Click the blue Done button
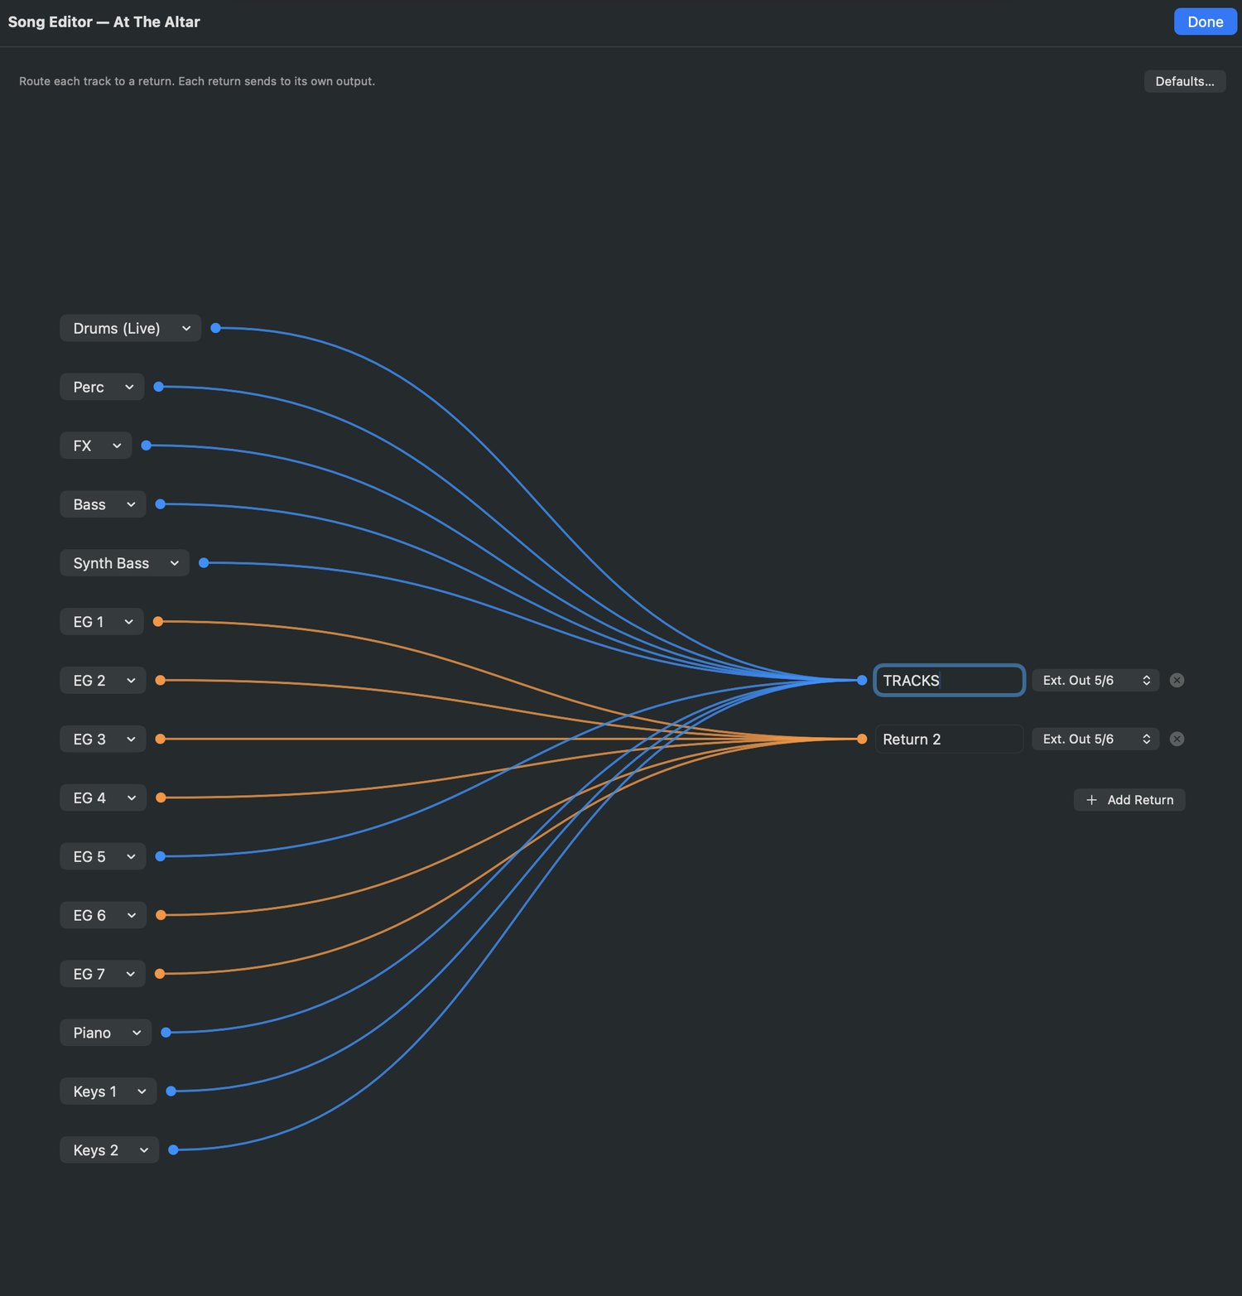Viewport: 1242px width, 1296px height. click(1205, 22)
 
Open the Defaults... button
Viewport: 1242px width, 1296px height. click(1185, 81)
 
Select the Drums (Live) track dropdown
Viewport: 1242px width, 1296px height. click(131, 328)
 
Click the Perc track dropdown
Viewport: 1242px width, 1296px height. click(103, 387)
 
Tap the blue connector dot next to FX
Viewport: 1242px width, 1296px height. click(147, 446)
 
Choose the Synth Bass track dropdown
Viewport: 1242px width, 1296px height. click(125, 563)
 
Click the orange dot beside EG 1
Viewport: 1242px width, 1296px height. click(158, 621)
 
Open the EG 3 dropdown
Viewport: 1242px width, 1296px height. click(103, 739)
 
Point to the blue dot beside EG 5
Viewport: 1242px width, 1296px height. click(161, 856)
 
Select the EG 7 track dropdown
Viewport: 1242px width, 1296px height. click(103, 974)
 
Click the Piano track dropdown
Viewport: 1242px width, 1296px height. click(106, 1033)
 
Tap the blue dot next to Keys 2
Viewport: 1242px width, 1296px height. click(173, 1149)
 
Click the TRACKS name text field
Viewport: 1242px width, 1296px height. click(949, 680)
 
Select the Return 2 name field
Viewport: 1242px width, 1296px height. click(949, 739)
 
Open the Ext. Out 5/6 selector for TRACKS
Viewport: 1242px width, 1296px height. click(1095, 680)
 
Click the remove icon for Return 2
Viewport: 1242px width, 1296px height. click(1177, 739)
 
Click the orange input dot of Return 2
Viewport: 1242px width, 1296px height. click(862, 739)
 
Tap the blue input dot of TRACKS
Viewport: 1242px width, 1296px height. click(862, 680)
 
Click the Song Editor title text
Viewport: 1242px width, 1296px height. click(104, 22)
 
